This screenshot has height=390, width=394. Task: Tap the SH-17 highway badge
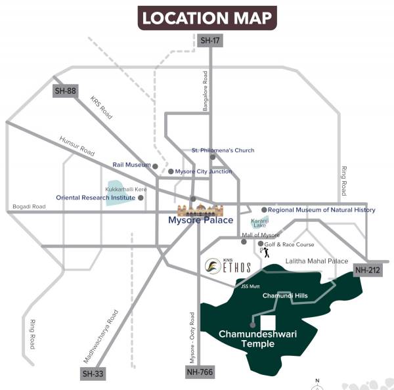pyautogui.click(x=209, y=40)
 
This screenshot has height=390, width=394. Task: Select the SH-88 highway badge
pyautogui.click(x=65, y=91)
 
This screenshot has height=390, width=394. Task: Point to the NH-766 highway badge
pyautogui.click(x=196, y=373)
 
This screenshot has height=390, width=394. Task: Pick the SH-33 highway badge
pyautogui.click(x=93, y=374)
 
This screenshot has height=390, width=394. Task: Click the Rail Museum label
pyautogui.click(x=131, y=166)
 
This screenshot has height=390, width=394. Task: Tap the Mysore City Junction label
pyautogui.click(x=204, y=171)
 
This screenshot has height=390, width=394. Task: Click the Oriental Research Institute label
pyautogui.click(x=95, y=197)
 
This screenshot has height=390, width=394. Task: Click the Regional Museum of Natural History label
pyautogui.click(x=322, y=210)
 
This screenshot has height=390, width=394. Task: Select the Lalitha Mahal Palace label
pyautogui.click(x=317, y=261)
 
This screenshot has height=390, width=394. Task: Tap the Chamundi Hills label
pyautogui.click(x=285, y=296)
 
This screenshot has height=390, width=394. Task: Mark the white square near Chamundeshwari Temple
pyautogui.click(x=268, y=323)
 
